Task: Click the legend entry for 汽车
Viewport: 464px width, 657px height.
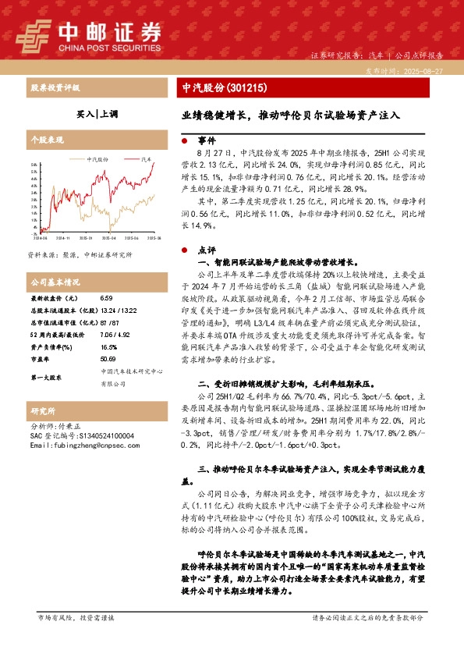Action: (x=145, y=158)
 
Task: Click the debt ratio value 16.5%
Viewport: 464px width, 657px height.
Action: (x=109, y=346)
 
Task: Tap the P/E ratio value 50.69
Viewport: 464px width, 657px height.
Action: (x=108, y=359)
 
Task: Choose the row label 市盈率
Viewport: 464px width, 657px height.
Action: (x=40, y=359)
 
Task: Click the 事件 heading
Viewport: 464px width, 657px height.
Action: (x=206, y=141)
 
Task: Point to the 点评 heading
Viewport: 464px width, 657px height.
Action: (x=206, y=251)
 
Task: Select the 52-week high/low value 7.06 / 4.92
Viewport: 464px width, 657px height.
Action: (x=114, y=334)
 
